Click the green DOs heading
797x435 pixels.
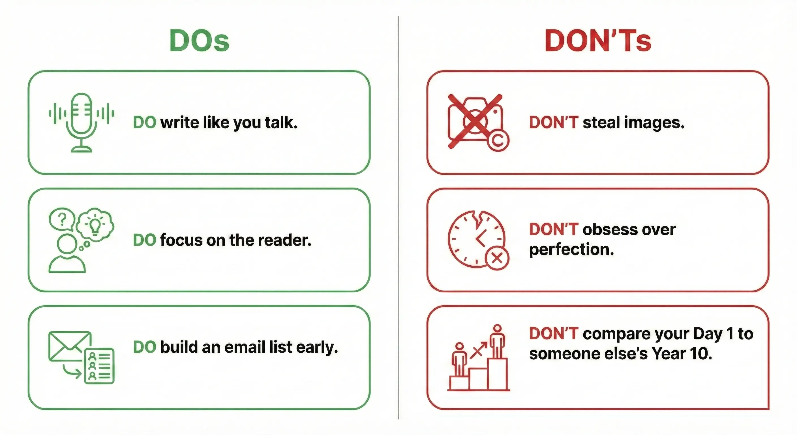point(199,40)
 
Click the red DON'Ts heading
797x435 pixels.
point(598,40)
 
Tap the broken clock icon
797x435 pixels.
point(476,239)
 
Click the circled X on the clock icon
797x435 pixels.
point(497,258)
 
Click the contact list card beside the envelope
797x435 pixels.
point(99,366)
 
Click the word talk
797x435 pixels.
point(281,123)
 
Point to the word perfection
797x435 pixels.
point(571,250)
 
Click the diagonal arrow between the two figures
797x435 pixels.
point(478,351)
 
